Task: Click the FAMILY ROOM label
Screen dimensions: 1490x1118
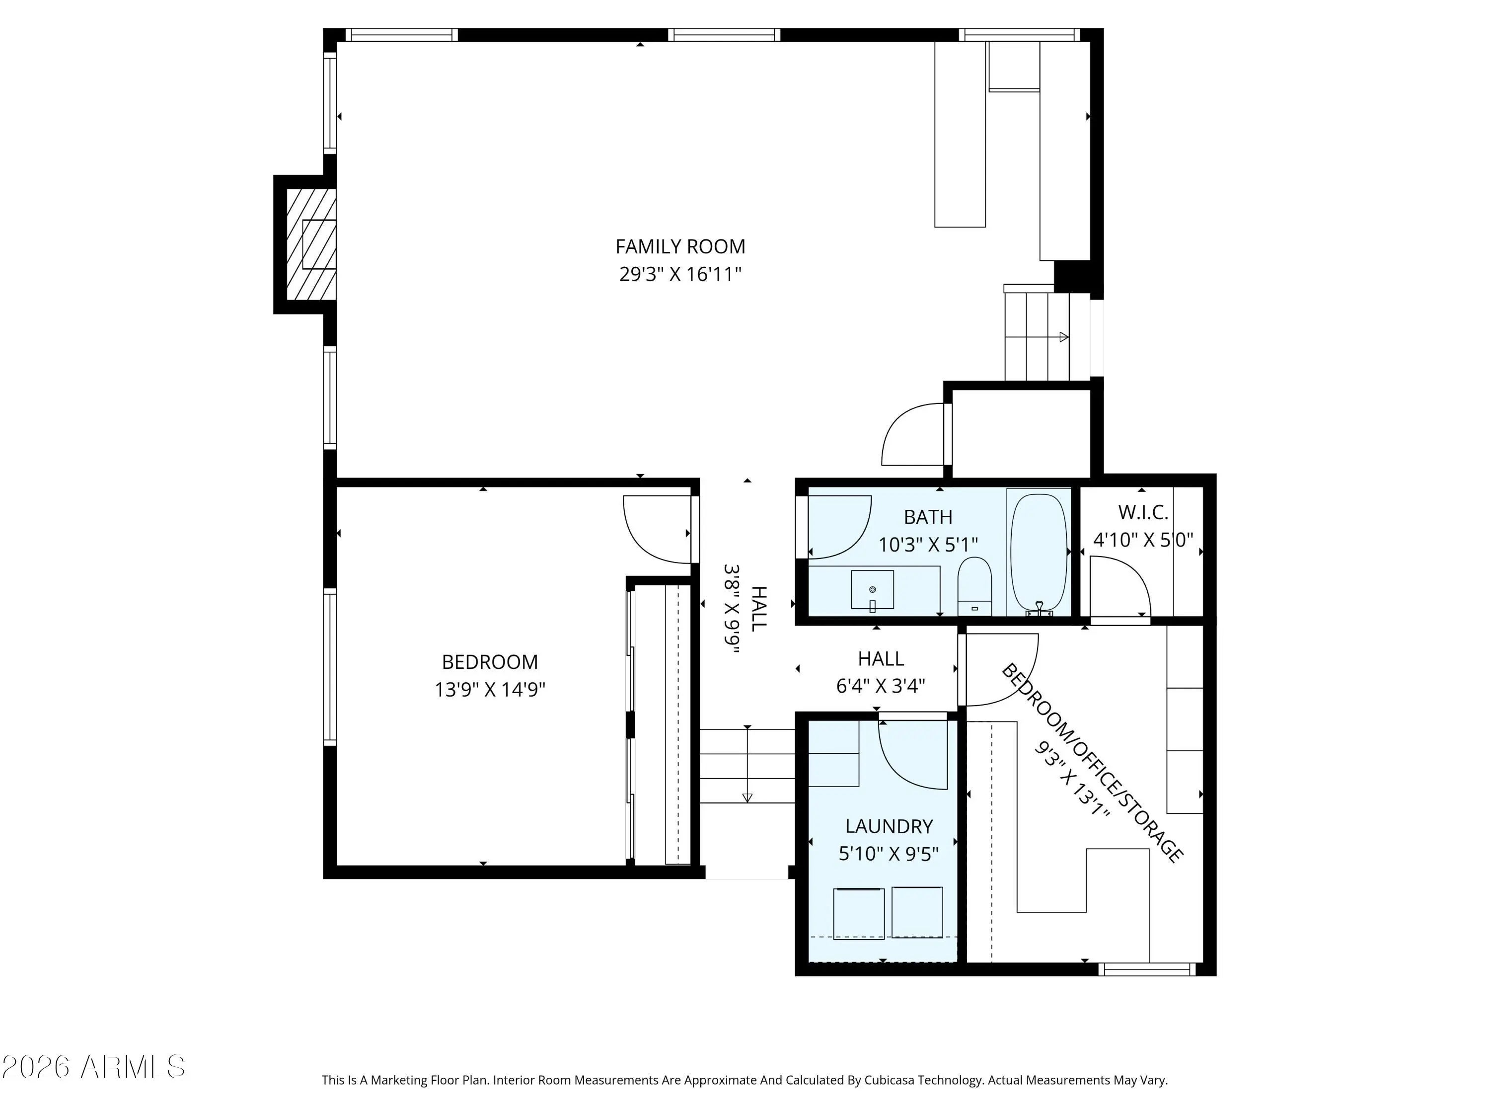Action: coord(680,246)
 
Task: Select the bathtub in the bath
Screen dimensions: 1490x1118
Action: coord(1039,554)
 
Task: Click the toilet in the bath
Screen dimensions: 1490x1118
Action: coord(974,586)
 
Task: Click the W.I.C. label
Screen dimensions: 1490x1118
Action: coord(1143,512)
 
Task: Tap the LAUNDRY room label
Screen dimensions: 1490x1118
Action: coord(889,826)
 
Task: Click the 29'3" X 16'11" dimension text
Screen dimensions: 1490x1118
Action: coord(680,274)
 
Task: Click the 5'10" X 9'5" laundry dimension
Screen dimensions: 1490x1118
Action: coord(889,854)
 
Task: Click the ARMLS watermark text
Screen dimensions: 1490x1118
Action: coord(133,1067)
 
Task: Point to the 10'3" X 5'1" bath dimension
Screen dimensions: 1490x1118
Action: coord(928,544)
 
